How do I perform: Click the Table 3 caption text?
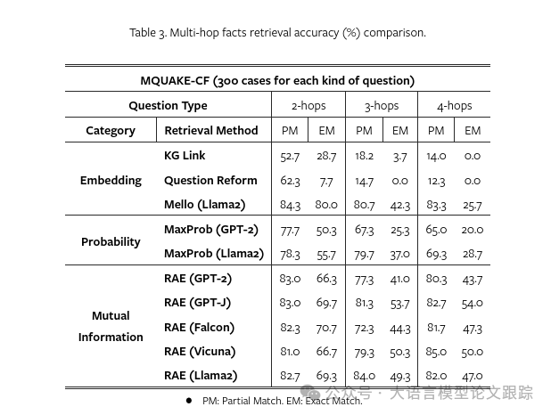click(x=277, y=33)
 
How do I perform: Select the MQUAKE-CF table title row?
click(x=277, y=80)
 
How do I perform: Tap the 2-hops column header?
click(x=308, y=105)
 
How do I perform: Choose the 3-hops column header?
click(x=382, y=105)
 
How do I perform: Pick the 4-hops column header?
click(x=454, y=105)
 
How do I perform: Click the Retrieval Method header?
click(x=210, y=130)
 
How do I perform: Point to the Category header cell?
click(x=111, y=130)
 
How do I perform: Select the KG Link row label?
click(x=185, y=155)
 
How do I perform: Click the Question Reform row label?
click(x=210, y=180)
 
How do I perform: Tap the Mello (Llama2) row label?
click(x=204, y=205)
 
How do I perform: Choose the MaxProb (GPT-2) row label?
click(x=210, y=230)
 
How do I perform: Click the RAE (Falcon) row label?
click(x=199, y=327)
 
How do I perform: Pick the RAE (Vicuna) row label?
click(x=200, y=351)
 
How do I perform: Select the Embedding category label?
click(x=111, y=180)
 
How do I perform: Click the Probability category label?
click(x=111, y=241)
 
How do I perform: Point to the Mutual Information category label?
click(x=111, y=326)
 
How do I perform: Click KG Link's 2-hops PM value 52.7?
click(x=290, y=156)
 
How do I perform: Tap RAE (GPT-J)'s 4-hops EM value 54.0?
click(x=473, y=303)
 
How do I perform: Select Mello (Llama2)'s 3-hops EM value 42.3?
click(x=400, y=205)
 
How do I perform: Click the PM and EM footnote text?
click(x=282, y=401)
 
